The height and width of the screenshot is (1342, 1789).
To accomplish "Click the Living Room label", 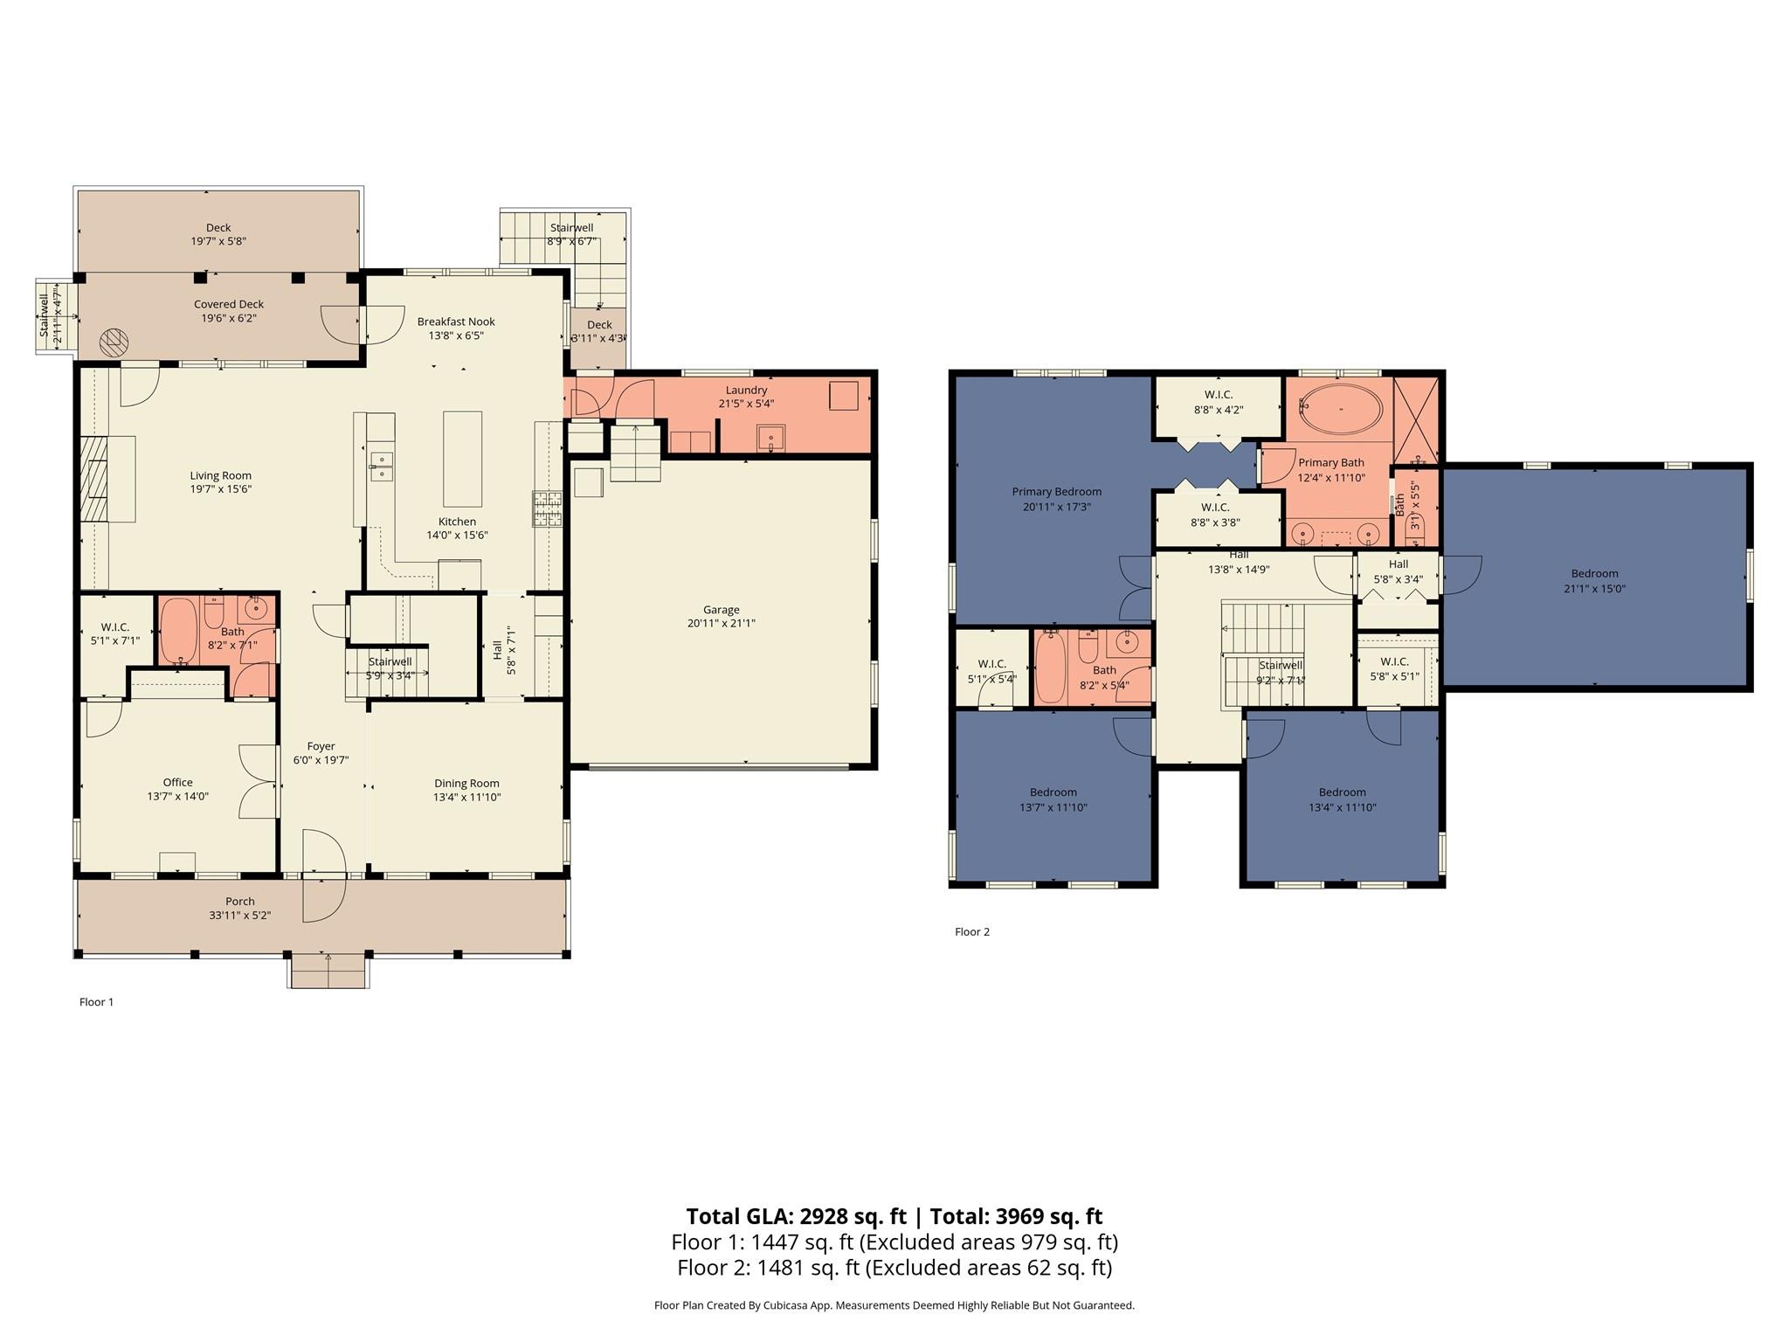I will coord(220,476).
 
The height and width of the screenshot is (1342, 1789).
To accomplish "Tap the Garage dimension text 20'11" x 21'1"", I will coord(721,624).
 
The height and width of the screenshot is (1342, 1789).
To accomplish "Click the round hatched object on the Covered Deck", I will coord(114,342).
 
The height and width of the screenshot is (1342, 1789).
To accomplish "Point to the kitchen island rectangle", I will coord(462,459).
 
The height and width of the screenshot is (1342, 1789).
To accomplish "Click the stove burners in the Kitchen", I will coord(548,508).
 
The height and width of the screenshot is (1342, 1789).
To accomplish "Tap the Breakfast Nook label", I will coord(456,322).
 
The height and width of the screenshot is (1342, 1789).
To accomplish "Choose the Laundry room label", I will coord(746,390).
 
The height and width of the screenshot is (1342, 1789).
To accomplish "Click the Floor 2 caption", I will coord(971,931).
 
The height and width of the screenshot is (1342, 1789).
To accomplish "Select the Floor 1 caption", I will coord(96,1002).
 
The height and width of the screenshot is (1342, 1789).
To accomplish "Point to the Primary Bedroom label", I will coord(1056,492).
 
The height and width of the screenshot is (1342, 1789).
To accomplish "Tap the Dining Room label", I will coord(466,784).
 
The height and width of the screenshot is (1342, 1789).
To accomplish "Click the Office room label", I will coord(177,783).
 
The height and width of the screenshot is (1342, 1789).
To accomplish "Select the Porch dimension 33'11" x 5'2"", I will coord(240,916).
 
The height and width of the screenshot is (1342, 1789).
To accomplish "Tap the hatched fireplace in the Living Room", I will coord(93,479).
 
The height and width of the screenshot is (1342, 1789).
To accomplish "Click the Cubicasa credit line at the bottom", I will coord(894,1306).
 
